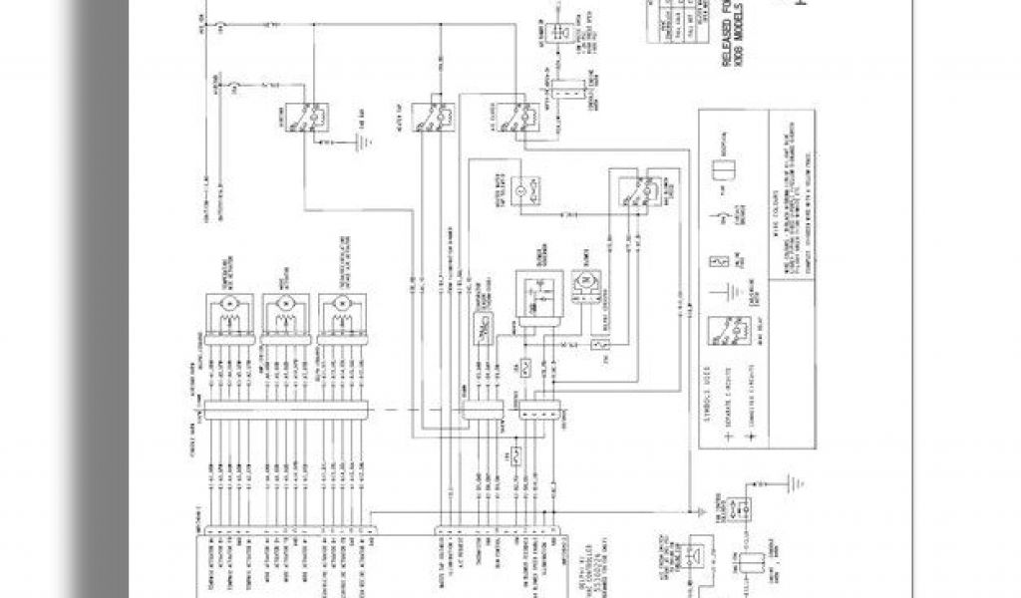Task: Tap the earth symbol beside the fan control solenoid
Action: point(794,485)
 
